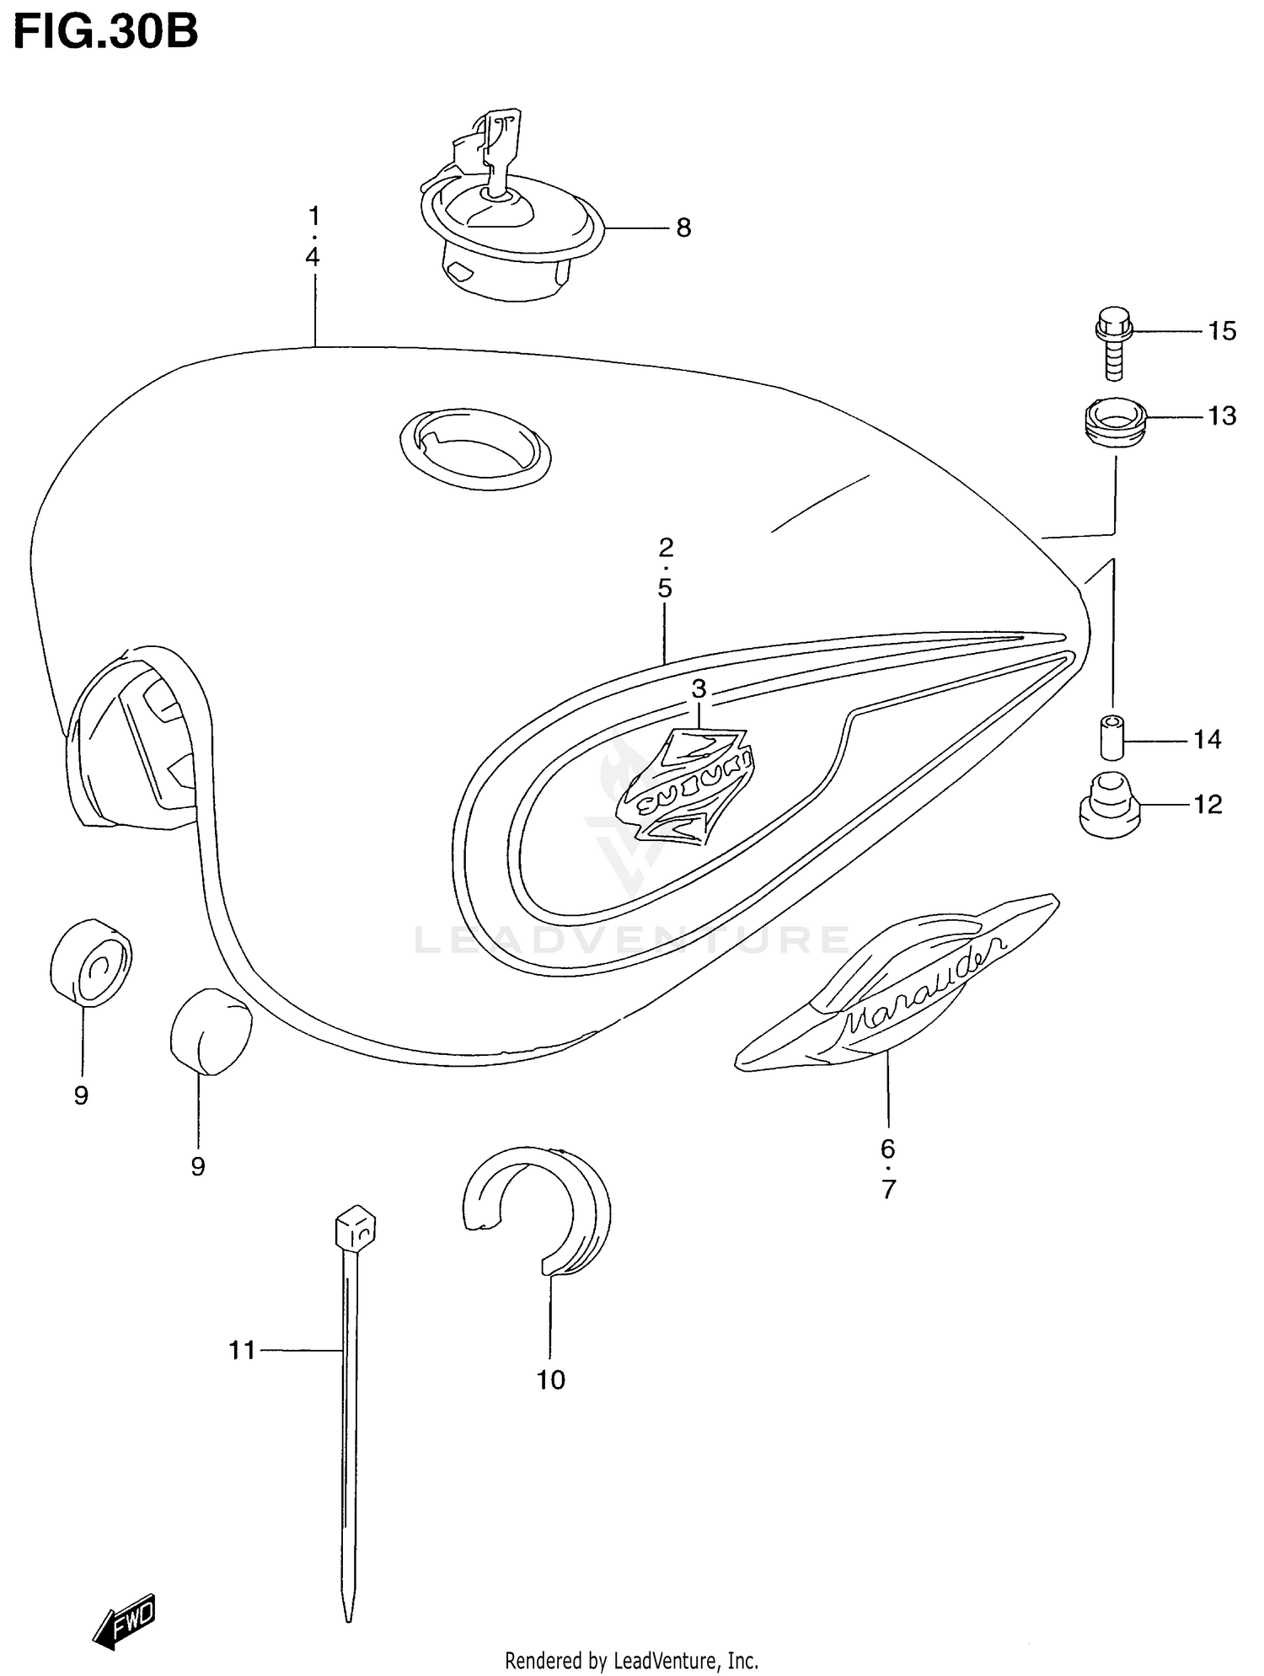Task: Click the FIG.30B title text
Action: [x=105, y=31]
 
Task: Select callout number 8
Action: [x=683, y=228]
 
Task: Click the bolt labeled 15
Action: [x=1112, y=341]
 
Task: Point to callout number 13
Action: [x=1222, y=416]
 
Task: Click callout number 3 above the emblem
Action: [x=699, y=689]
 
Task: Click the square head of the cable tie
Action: [x=356, y=1230]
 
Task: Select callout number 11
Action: [x=242, y=1351]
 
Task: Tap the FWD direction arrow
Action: [x=124, y=1619]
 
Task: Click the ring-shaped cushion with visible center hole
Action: [x=91, y=963]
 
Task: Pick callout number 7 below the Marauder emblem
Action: [x=888, y=1190]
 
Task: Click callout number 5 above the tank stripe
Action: [x=665, y=588]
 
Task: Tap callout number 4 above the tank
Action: [x=313, y=257]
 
